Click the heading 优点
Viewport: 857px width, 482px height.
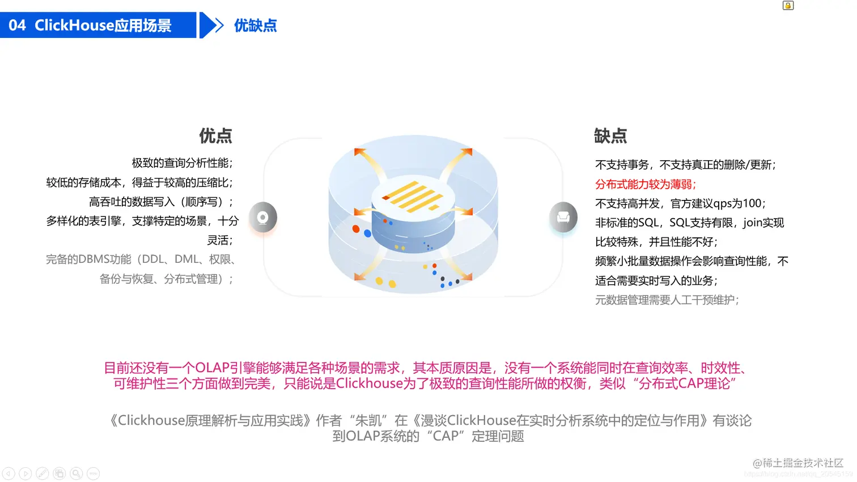(x=215, y=136)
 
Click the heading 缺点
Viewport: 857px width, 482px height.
(x=610, y=136)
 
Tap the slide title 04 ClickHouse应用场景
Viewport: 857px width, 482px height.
(x=91, y=25)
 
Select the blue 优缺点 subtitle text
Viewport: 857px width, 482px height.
(x=255, y=25)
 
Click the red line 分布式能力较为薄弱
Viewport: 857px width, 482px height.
(x=645, y=184)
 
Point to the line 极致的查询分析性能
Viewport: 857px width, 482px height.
(x=182, y=163)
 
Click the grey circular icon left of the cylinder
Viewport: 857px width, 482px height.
(x=262, y=217)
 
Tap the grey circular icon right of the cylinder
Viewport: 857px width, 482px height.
(x=563, y=217)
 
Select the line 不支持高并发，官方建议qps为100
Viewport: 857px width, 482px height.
(x=680, y=203)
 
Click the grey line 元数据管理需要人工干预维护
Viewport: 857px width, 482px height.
(x=667, y=300)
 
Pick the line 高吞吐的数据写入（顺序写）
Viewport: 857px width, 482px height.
(x=161, y=202)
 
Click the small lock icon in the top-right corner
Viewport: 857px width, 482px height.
(x=788, y=6)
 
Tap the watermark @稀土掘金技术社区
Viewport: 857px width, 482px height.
(x=797, y=463)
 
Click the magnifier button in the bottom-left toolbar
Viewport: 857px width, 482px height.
(x=77, y=474)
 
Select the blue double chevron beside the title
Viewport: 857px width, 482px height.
(x=212, y=25)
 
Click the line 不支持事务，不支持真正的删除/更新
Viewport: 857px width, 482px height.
(x=685, y=165)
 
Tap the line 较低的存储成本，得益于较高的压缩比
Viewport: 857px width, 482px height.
(x=139, y=182)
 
